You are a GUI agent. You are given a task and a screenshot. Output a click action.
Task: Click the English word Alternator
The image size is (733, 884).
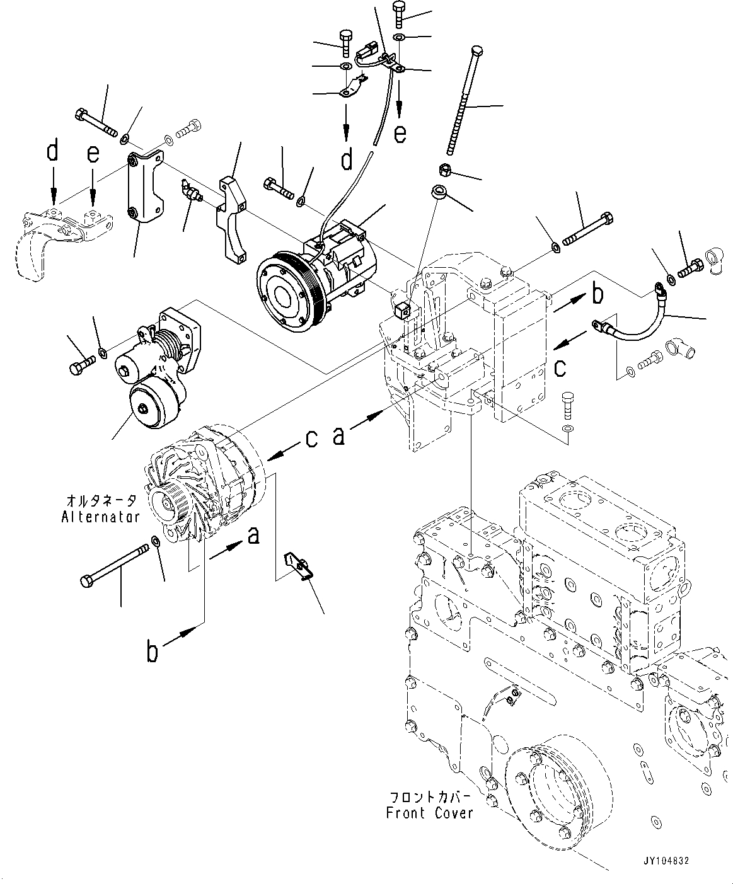(x=100, y=517)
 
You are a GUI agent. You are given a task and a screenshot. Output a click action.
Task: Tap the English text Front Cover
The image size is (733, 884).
(x=429, y=813)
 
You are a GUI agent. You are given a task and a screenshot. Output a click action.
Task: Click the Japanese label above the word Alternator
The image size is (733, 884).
(x=101, y=502)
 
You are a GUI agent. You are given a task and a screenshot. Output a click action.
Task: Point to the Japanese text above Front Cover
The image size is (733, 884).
(x=429, y=797)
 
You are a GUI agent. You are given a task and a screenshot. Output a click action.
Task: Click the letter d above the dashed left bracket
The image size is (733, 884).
(x=53, y=152)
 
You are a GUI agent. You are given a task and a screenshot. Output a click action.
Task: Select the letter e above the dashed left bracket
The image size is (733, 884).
(x=93, y=154)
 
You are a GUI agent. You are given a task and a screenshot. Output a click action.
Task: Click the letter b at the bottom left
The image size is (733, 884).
(x=152, y=652)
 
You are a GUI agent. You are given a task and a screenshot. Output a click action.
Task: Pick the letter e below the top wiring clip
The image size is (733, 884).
(x=400, y=133)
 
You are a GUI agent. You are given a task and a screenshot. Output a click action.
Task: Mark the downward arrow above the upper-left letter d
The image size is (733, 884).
(x=54, y=183)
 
